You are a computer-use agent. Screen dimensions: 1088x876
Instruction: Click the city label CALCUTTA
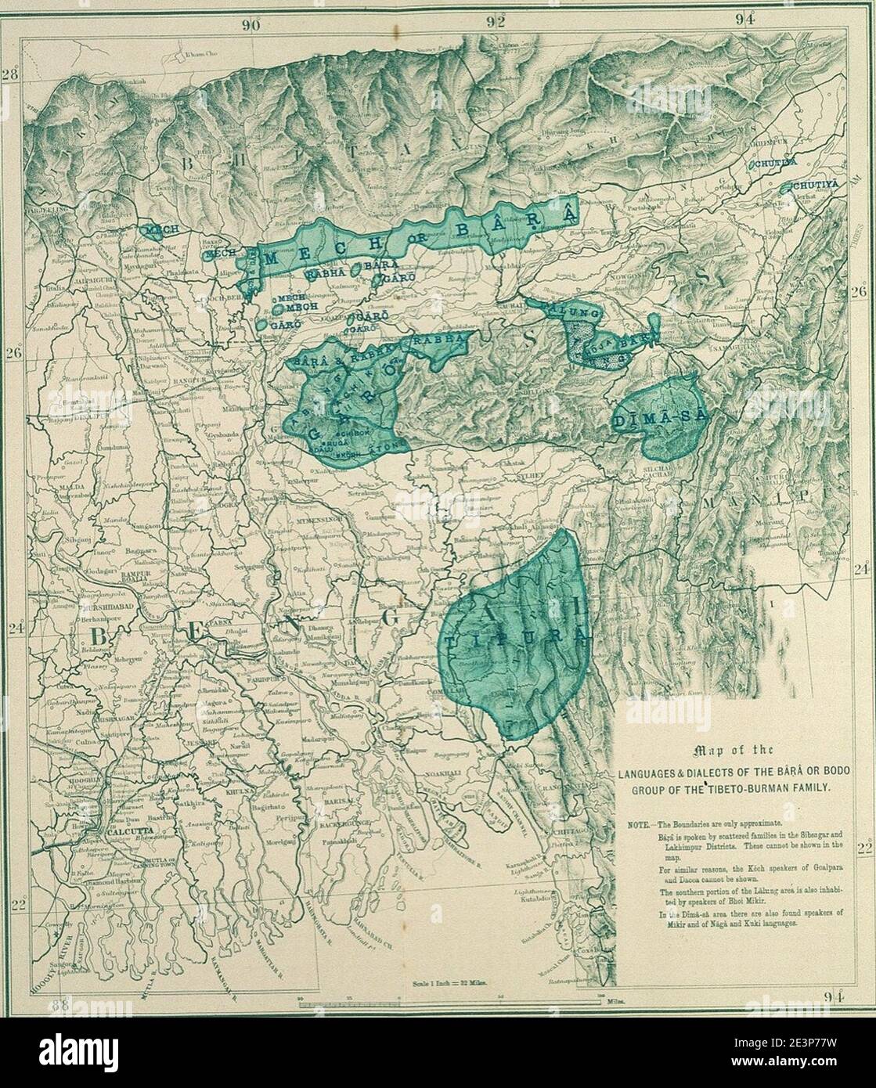tap(119, 833)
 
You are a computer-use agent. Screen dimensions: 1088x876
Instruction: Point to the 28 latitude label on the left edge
tap(9, 75)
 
